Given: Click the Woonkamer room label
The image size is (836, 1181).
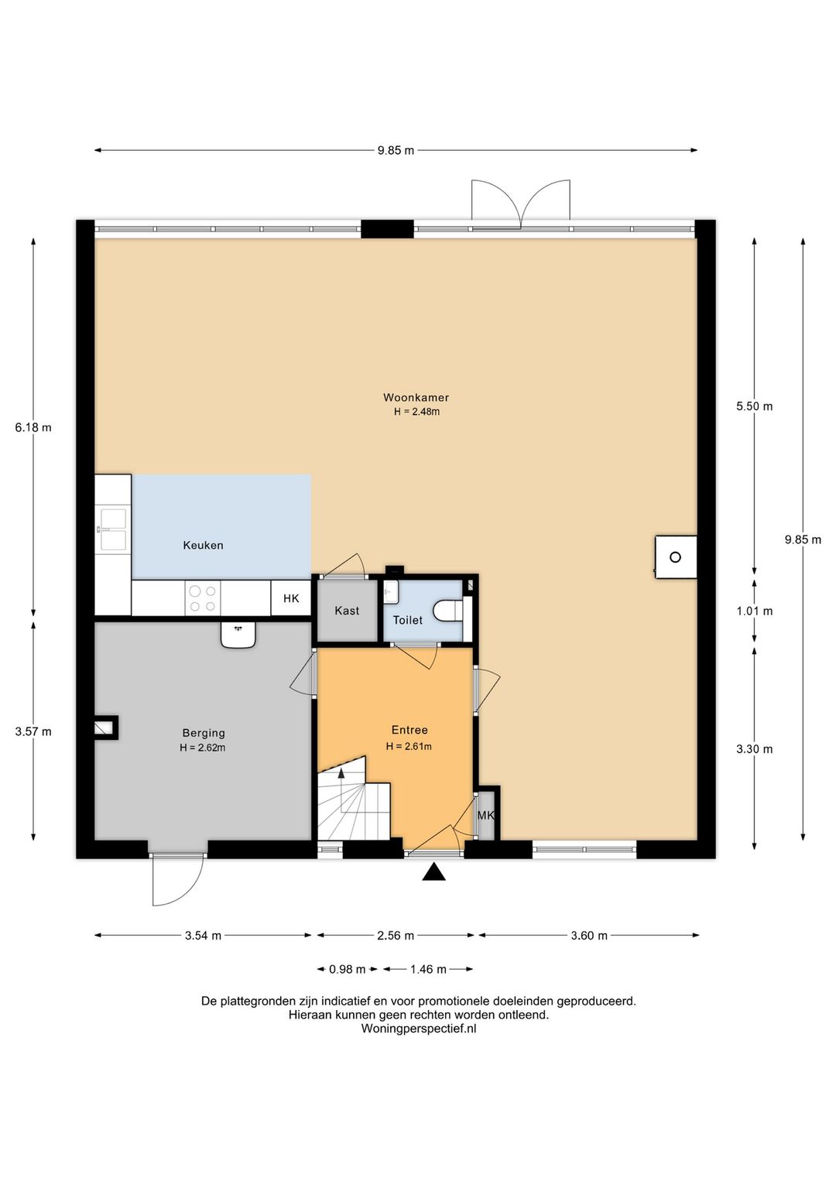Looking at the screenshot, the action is click(416, 398).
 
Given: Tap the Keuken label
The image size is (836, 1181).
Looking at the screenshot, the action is click(203, 545).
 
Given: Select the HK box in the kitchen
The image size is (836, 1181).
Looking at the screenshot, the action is click(290, 598).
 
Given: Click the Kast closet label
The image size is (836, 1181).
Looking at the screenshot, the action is click(347, 611).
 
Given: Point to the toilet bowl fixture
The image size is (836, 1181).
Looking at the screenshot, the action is click(447, 611).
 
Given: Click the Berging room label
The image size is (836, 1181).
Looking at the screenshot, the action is click(204, 733).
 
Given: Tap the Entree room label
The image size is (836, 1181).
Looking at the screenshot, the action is click(409, 730).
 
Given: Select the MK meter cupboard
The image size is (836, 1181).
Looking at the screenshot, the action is click(486, 815).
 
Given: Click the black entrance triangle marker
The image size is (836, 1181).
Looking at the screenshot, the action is click(433, 872).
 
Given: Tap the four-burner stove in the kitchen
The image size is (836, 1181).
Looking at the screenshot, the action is click(203, 598).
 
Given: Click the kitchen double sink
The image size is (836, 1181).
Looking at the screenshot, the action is click(113, 529).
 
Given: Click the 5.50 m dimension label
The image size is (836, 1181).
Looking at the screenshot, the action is click(754, 406).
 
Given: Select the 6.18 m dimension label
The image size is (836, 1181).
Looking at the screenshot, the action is click(33, 427).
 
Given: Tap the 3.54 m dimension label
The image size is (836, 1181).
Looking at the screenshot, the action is click(203, 936).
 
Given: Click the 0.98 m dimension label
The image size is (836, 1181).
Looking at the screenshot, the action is click(347, 969).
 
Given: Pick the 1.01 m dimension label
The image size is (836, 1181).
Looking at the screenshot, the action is click(754, 611).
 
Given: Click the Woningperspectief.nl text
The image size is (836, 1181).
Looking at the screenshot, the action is click(418, 1028).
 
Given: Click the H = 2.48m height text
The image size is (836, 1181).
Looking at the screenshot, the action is click(416, 412).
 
